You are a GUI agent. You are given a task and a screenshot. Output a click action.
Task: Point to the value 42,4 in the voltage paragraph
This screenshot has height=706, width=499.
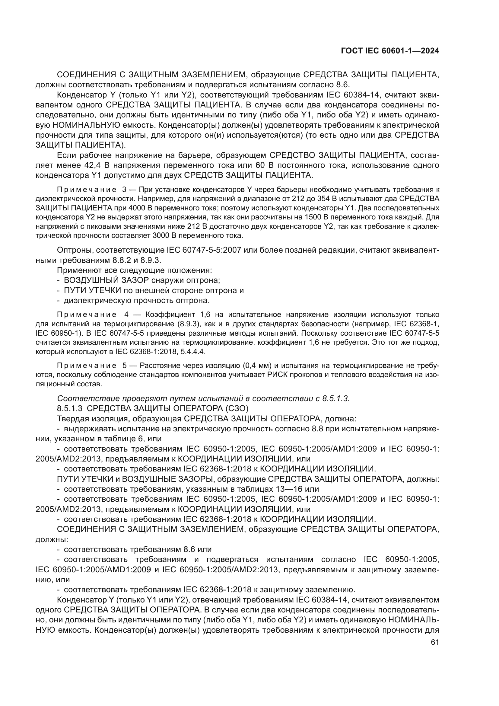click(x=93, y=165)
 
